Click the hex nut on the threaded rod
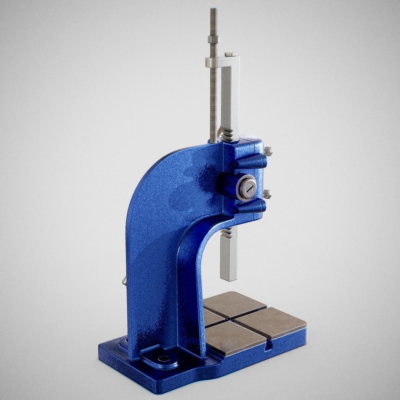click(213, 39)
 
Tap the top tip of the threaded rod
click(213, 9)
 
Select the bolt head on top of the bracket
click(230, 54)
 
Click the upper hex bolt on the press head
click(268, 151)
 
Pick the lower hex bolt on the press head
click(267, 194)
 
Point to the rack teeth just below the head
click(226, 233)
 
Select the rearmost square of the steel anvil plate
click(234, 303)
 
